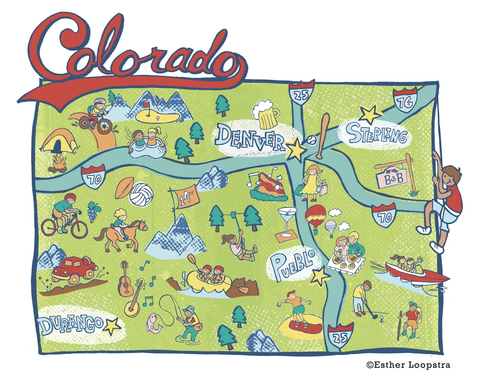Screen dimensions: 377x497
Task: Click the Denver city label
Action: pyautogui.click(x=251, y=137)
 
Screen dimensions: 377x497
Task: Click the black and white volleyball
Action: pyautogui.click(x=138, y=194)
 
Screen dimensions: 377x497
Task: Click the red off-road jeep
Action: pyautogui.click(x=73, y=270)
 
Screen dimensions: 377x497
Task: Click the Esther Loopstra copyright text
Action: pyautogui.click(x=408, y=365)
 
